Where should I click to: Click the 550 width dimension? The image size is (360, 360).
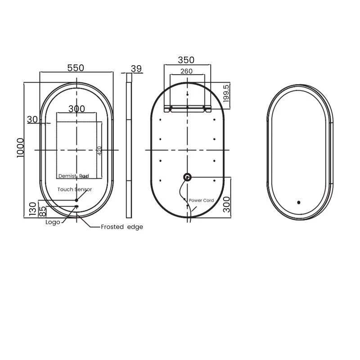[x=76, y=68]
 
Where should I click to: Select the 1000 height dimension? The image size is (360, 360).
[x=20, y=147]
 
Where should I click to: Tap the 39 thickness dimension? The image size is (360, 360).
[x=136, y=68]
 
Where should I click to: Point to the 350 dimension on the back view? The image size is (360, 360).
[x=186, y=60]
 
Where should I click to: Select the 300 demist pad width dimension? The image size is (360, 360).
[x=76, y=108]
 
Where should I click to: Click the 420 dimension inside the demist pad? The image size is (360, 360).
[x=99, y=150]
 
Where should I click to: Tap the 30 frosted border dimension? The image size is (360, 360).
[x=32, y=119]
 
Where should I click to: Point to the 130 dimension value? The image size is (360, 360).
[x=32, y=210]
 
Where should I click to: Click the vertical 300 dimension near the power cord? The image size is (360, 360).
[x=226, y=203]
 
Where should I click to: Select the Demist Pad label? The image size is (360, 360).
[x=74, y=176]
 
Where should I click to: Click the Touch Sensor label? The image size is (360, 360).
[x=75, y=190]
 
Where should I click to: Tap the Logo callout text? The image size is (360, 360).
[x=53, y=222]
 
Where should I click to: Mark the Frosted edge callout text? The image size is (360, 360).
[x=122, y=227]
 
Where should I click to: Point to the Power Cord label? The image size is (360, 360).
[x=201, y=200]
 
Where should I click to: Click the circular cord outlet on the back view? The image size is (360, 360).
[x=187, y=177]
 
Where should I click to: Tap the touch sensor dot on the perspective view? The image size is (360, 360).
[x=298, y=202]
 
